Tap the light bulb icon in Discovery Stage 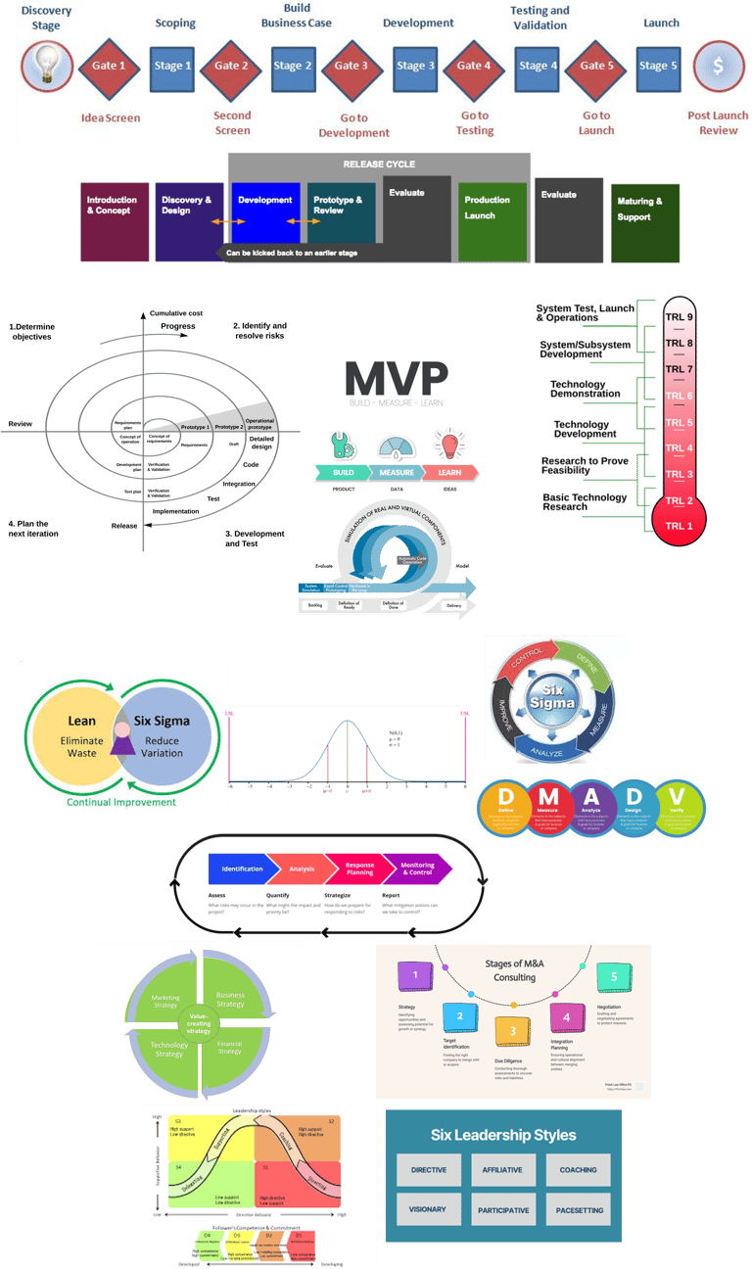click(45, 66)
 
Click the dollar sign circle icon click(718, 67)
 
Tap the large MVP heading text click(397, 379)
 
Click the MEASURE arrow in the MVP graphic click(397, 472)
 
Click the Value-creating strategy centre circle click(200, 1023)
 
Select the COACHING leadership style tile click(579, 1170)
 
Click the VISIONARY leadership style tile click(428, 1209)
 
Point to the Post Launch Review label click(718, 122)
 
